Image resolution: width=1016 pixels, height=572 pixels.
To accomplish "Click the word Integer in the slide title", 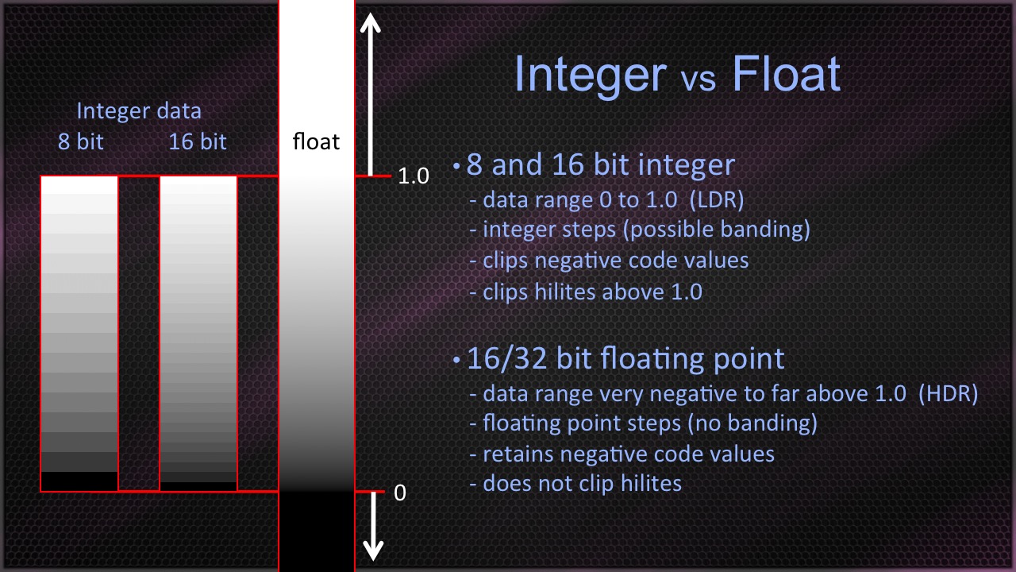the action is tap(591, 75).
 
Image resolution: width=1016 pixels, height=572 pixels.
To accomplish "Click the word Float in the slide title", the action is tap(787, 74).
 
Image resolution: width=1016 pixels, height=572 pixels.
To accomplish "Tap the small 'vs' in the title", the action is tap(698, 79).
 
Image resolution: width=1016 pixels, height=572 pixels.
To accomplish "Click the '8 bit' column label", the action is tap(81, 141).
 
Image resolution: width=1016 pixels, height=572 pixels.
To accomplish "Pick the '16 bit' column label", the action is tap(198, 141).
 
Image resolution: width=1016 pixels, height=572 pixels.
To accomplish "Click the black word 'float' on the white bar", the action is tap(316, 141).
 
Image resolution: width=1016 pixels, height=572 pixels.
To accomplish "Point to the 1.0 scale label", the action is tap(414, 176).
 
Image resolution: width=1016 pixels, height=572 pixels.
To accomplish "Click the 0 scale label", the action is tap(400, 493).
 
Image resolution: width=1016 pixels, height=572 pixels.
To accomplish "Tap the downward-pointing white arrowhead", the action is tap(373, 551).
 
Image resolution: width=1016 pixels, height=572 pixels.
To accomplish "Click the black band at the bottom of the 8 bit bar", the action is tap(79, 481).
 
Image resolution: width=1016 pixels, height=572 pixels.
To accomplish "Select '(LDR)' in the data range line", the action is tap(717, 200).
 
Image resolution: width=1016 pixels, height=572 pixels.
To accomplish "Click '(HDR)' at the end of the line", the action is tap(948, 393).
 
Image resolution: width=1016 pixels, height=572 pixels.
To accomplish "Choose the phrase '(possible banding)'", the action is tap(717, 230).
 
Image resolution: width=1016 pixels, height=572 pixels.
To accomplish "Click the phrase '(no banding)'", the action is tap(752, 423).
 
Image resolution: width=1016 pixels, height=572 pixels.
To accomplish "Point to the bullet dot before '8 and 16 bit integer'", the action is tap(456, 167).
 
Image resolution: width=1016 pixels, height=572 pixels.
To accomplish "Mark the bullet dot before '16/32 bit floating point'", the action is tap(456, 361).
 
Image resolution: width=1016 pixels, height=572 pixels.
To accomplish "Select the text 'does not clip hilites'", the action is tap(583, 484).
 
